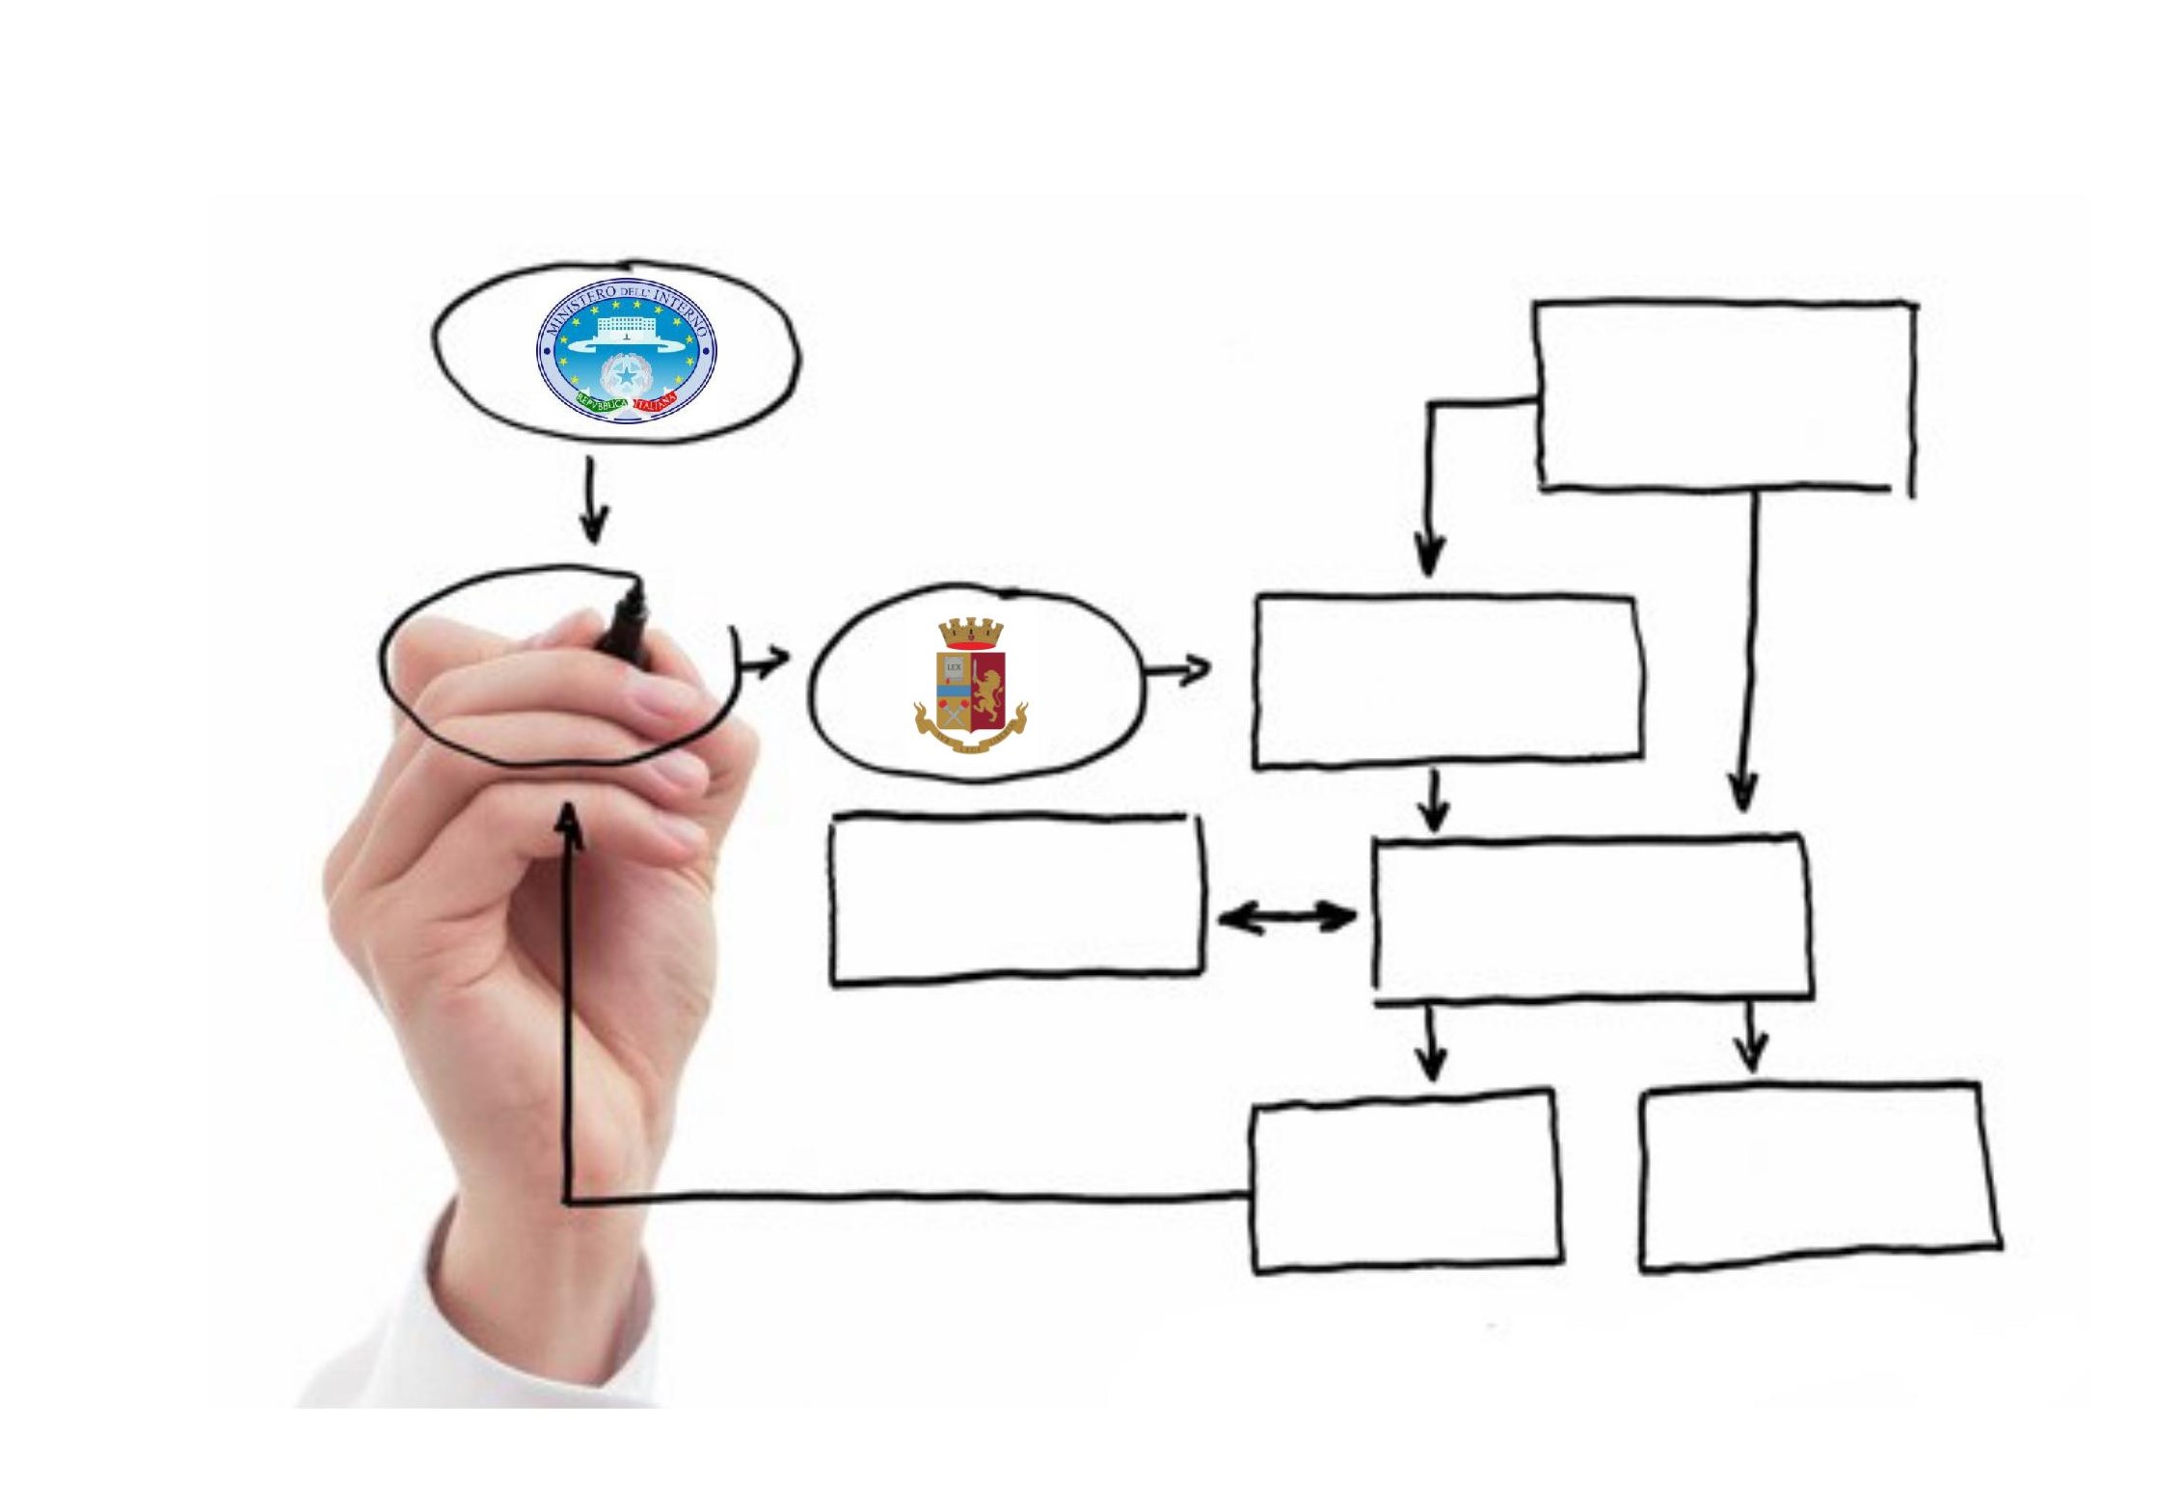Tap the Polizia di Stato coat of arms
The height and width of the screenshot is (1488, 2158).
pyautogui.click(x=970, y=686)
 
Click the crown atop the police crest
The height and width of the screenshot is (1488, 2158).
pyautogui.click(x=971, y=634)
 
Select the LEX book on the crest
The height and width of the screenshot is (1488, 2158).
pyautogui.click(x=954, y=666)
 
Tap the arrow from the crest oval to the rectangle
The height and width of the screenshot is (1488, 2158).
pyautogui.click(x=1176, y=668)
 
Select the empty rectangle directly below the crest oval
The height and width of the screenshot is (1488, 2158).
pyautogui.click(x=1016, y=900)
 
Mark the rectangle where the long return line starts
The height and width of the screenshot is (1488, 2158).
pyautogui.click(x=1406, y=1182)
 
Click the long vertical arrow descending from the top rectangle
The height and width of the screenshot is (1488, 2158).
pyautogui.click(x=1748, y=656)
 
